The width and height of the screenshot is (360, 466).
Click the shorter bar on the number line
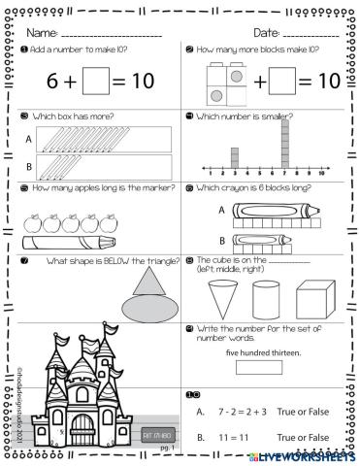coord(234,155)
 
